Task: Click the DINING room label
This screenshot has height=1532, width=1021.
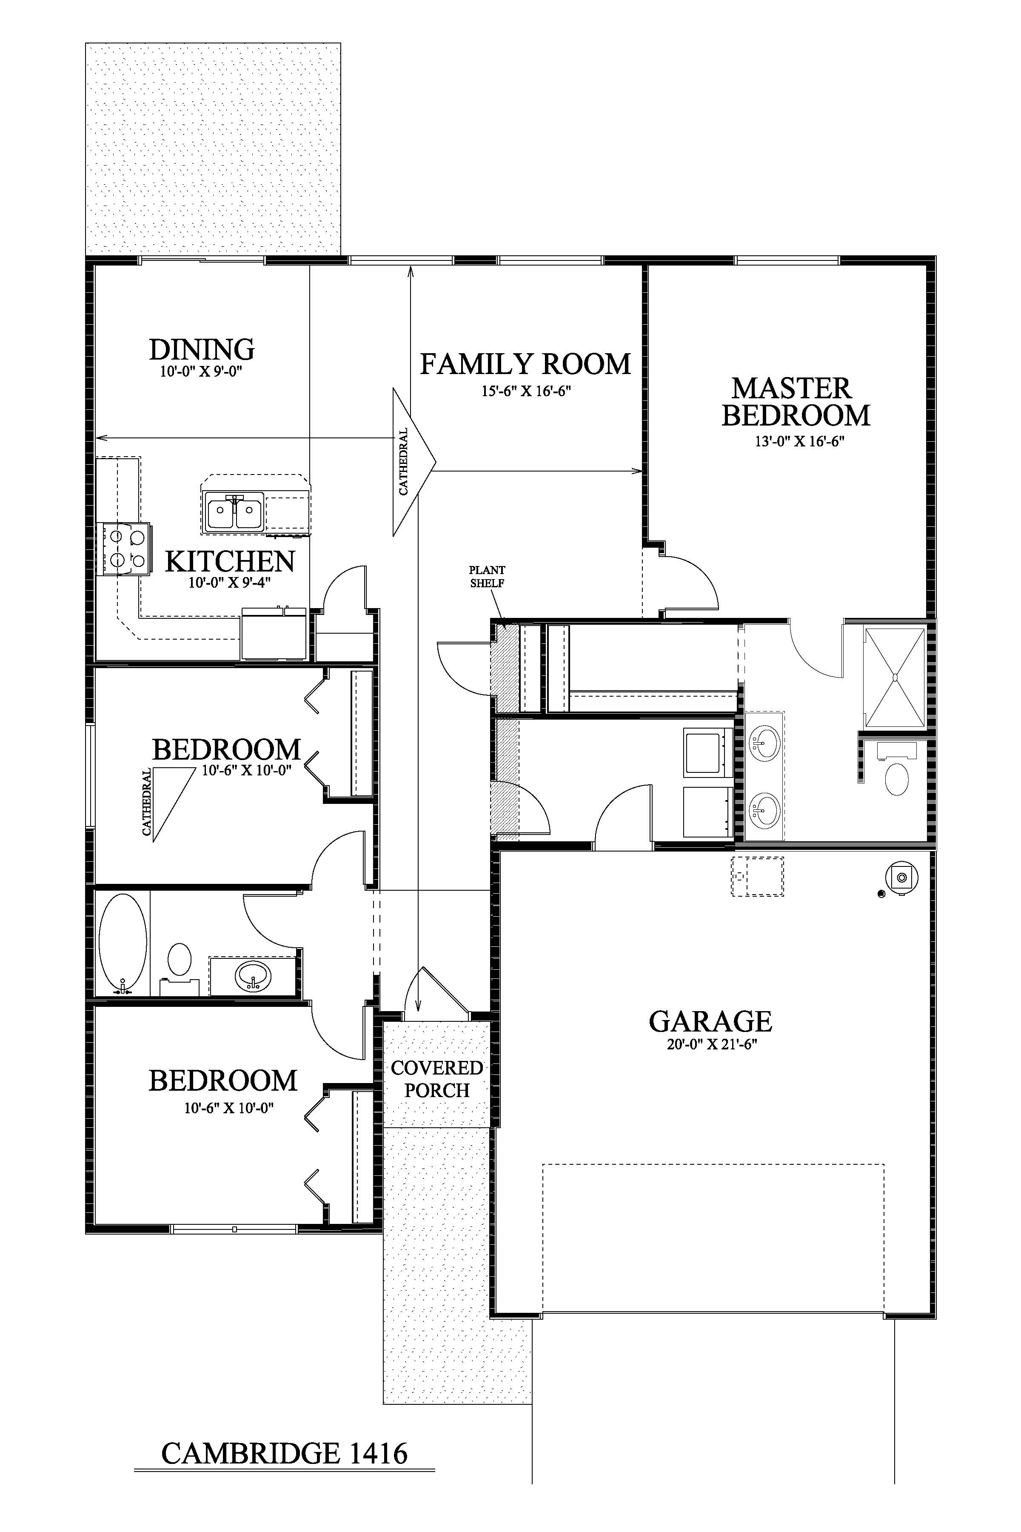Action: (x=202, y=350)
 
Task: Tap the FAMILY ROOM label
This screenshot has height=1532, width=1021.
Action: (x=525, y=364)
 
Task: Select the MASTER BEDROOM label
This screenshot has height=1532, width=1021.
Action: (x=796, y=402)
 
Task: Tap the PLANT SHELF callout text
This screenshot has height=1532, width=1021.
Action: (x=487, y=577)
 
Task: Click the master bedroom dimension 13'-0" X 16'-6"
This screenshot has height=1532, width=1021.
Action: (x=799, y=441)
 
